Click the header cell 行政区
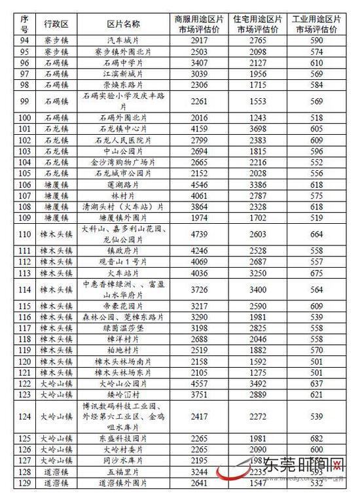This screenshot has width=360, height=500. tap(56, 24)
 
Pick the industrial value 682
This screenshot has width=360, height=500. tap(317, 438)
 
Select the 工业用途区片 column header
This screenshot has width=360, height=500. tap(317, 24)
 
